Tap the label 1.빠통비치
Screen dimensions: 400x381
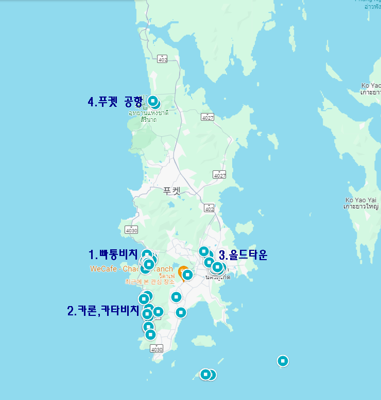point(113,254)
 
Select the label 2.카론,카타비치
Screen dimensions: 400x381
point(103,311)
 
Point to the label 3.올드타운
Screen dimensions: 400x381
point(244,254)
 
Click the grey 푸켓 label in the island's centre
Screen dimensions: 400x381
point(172,190)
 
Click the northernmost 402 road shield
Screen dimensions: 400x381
point(163,59)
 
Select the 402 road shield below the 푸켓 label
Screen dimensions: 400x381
point(209,208)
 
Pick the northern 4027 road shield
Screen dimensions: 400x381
point(207,117)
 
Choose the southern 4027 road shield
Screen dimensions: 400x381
point(219,175)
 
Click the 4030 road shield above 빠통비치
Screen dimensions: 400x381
point(131,230)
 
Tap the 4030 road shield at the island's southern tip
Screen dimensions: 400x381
point(157,349)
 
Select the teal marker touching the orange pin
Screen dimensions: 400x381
point(188,275)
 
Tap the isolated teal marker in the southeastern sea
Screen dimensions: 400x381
point(283,361)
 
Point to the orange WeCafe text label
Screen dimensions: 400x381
point(131,269)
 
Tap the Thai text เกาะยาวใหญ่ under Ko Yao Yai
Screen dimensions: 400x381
point(362,206)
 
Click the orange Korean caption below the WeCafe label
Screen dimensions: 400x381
point(149,282)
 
